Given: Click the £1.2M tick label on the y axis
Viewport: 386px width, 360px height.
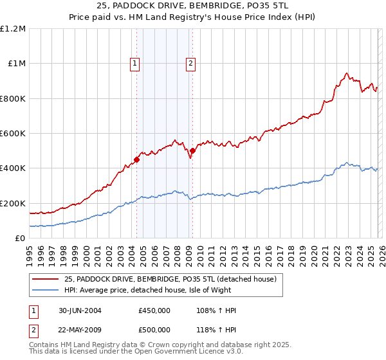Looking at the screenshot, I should (13, 29).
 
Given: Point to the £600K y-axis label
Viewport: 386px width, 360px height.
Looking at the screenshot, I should (13, 134).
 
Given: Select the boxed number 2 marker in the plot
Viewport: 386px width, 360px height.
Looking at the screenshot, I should (192, 63).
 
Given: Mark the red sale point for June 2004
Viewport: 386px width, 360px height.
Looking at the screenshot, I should (136, 159).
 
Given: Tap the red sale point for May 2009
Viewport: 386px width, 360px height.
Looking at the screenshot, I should (192, 151).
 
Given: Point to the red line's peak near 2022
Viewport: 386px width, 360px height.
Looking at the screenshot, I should (346, 73).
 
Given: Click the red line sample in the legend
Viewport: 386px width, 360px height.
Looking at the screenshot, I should (46, 279).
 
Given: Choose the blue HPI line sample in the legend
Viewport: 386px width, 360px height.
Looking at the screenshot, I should (46, 290).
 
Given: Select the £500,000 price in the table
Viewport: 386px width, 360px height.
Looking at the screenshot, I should (154, 330).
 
